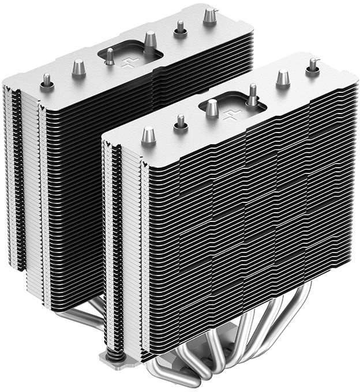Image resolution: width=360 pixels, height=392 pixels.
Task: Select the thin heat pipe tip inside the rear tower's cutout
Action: (x=109, y=56)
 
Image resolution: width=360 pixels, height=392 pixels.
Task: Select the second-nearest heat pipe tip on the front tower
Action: (x=181, y=122)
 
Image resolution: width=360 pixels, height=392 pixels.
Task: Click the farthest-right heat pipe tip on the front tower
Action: (x=313, y=65)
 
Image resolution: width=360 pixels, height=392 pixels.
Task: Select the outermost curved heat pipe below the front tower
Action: (x=314, y=323)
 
